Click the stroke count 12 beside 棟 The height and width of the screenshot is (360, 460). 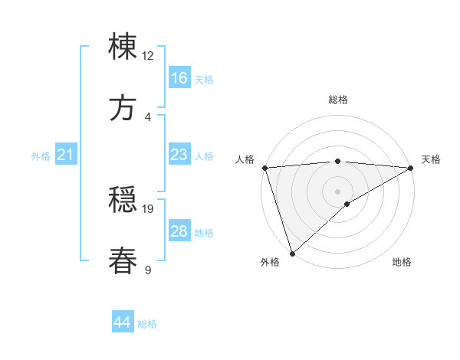pyautogui.click(x=148, y=55)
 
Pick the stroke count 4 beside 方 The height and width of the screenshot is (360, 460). pyautogui.click(x=148, y=116)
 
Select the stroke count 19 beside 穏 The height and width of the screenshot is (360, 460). pyautogui.click(x=148, y=208)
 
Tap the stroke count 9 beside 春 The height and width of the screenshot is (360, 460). pyautogui.click(x=148, y=270)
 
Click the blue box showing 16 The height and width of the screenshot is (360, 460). pyautogui.click(x=179, y=78)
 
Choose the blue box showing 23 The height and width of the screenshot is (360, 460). pyautogui.click(x=179, y=155)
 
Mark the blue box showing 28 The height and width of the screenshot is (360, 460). pyautogui.click(x=179, y=231)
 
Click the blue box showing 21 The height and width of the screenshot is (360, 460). pyautogui.click(x=66, y=155)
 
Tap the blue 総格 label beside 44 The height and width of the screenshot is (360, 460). pyautogui.click(x=147, y=324)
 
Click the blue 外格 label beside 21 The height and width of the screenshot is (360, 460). pyautogui.click(x=41, y=156)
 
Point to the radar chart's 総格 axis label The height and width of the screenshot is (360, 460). pyautogui.click(x=337, y=100)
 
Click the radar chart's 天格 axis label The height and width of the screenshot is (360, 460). pyautogui.click(x=431, y=159)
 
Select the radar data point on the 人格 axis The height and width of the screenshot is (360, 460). pyautogui.click(x=264, y=168)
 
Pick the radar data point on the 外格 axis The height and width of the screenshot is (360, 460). pyautogui.click(x=292, y=253)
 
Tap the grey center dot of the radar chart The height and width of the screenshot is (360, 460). pyautogui.click(x=337, y=191)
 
